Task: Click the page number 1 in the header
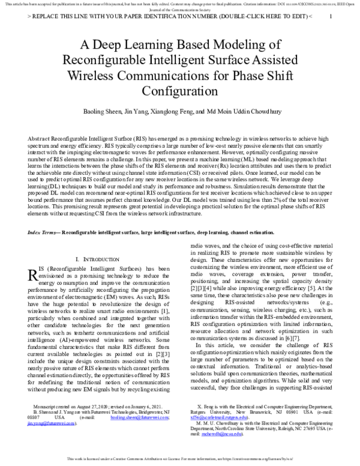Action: tap(332, 17)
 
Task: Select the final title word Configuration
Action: tap(180, 91)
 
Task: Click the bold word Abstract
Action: tap(39, 138)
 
